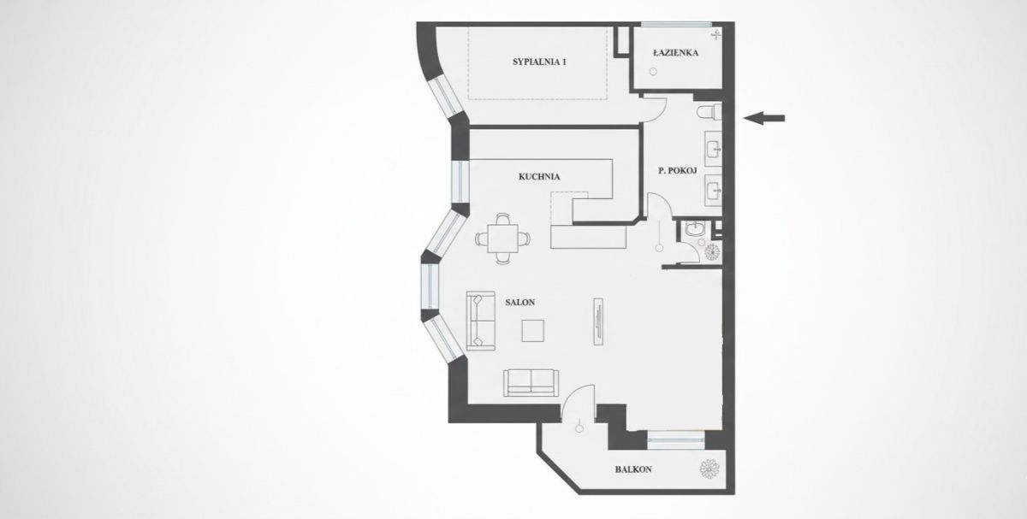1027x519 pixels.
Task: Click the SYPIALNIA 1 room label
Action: (x=539, y=62)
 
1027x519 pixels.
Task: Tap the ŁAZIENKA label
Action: (x=676, y=53)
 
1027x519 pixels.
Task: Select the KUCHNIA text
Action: (x=539, y=176)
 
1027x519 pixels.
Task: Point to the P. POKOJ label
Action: (x=678, y=170)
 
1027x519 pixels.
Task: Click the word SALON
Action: (x=520, y=303)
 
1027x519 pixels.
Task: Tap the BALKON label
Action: (x=633, y=469)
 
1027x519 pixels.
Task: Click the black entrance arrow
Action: (x=763, y=118)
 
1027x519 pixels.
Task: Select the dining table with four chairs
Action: (x=503, y=239)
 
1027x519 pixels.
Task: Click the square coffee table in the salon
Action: (x=532, y=331)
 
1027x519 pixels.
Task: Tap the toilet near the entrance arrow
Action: (x=709, y=112)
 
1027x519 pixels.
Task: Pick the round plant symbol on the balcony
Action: (x=709, y=469)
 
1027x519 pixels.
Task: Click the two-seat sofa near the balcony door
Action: (x=531, y=382)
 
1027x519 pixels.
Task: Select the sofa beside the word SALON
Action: (x=480, y=321)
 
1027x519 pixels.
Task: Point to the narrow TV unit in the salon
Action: (x=598, y=321)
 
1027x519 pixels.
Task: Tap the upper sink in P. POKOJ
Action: (x=713, y=149)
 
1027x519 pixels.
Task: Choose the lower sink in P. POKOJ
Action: (x=713, y=191)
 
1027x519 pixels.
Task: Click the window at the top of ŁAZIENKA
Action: (x=676, y=24)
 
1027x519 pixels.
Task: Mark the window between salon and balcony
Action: (x=676, y=440)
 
